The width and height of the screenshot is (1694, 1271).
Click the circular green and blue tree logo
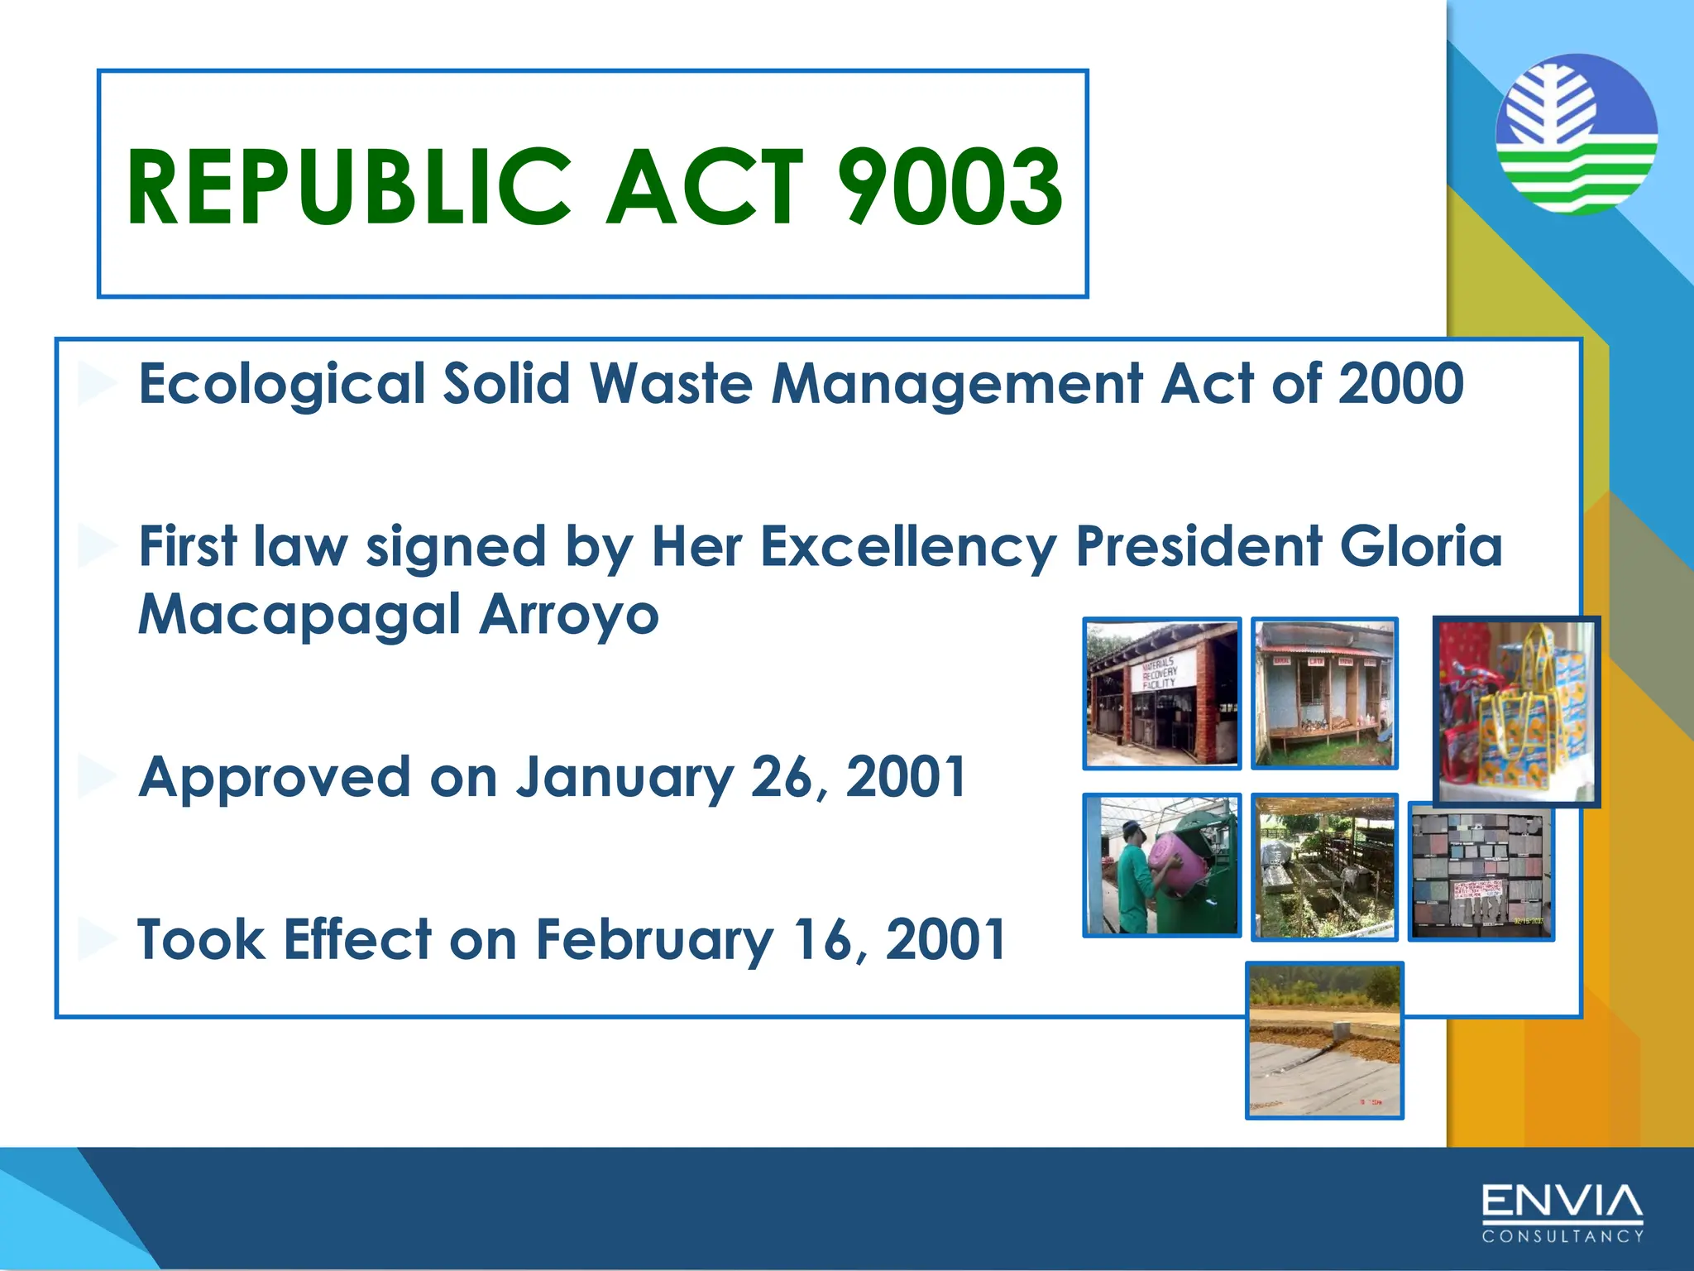tap(1577, 134)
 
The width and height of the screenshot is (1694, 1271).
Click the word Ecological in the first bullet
tap(281, 384)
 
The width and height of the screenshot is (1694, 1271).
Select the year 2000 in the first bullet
tap(1400, 384)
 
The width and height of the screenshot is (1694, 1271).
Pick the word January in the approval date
tap(624, 778)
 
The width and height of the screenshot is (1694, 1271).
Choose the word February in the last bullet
tap(653, 940)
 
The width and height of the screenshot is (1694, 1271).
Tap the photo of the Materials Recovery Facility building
tap(1162, 693)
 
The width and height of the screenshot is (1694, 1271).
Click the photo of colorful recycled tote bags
tap(1515, 712)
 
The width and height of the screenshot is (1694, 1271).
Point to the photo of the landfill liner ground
tap(1324, 1040)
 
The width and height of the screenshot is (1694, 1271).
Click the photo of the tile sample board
tap(1481, 873)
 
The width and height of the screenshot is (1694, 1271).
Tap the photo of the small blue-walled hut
tap(1324, 693)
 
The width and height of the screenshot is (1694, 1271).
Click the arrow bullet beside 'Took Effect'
tap(97, 940)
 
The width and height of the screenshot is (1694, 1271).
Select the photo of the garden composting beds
tap(1324, 866)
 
